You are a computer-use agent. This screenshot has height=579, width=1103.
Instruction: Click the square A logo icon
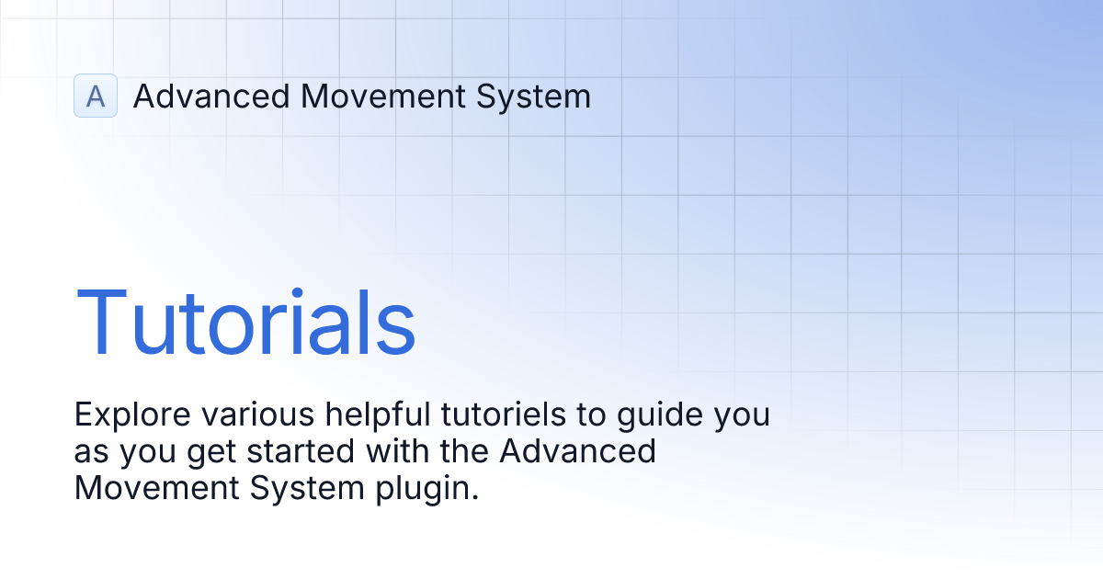(x=96, y=96)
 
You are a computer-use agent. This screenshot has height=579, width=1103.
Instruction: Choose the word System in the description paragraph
(x=307, y=488)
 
